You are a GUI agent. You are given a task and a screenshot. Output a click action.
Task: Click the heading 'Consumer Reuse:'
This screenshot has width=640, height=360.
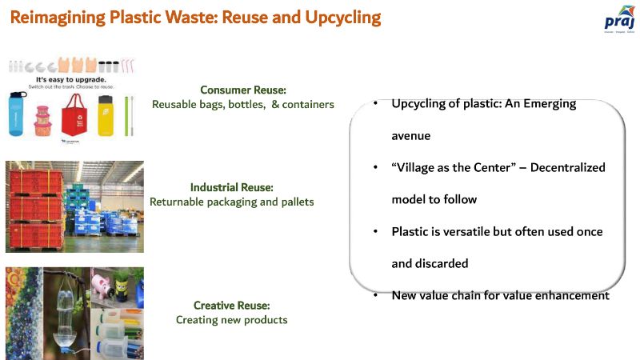pyautogui.click(x=242, y=90)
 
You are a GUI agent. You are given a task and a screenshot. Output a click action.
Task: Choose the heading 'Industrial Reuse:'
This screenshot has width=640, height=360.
pyautogui.click(x=232, y=187)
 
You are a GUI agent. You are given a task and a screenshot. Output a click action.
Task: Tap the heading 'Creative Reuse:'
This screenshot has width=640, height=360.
pyautogui.click(x=231, y=305)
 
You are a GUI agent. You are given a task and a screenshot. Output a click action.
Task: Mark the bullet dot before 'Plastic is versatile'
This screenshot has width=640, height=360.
pyautogui.click(x=375, y=232)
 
